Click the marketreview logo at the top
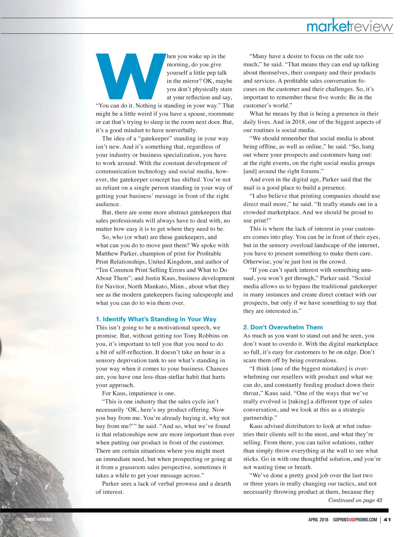tap(349, 26)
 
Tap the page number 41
tap(387, 520)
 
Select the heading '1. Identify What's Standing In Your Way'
tap(156, 319)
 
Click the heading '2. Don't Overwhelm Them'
tap(283, 327)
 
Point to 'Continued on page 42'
tap(355, 500)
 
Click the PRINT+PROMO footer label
tap(39, 520)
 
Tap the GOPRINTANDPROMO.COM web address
tap(355, 520)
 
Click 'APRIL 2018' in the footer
tap(318, 520)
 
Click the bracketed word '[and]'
tap(250, 171)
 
